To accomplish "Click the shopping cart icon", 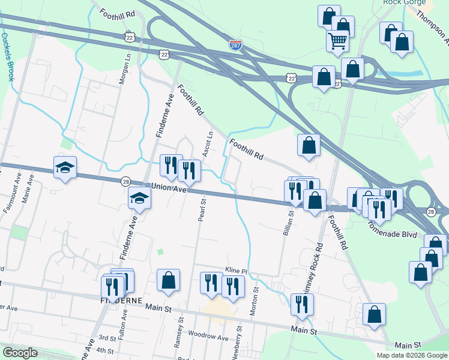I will point(338,41).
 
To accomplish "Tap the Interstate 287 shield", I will point(237,44).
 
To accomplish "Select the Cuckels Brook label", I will point(7,57).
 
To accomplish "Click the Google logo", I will point(20,353).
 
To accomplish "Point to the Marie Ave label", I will point(26,193).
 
